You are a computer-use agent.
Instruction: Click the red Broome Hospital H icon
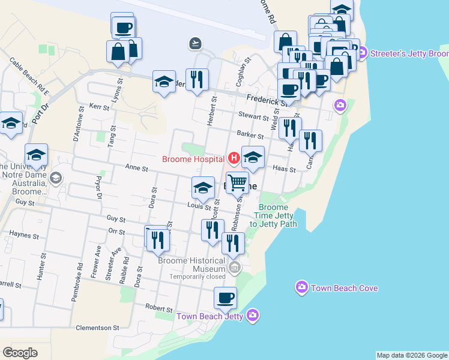point(234,159)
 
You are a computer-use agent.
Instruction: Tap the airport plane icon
point(194,43)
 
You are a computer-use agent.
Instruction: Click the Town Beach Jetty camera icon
point(253,315)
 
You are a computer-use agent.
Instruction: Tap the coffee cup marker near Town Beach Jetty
point(226,297)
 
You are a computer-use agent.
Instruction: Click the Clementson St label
point(98,328)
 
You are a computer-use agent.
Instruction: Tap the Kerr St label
point(99,107)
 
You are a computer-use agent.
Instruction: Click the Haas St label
point(285,170)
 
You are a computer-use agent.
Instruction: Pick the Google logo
point(20,352)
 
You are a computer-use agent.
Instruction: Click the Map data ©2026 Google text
point(412,355)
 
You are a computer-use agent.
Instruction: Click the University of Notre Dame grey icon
point(56,178)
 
